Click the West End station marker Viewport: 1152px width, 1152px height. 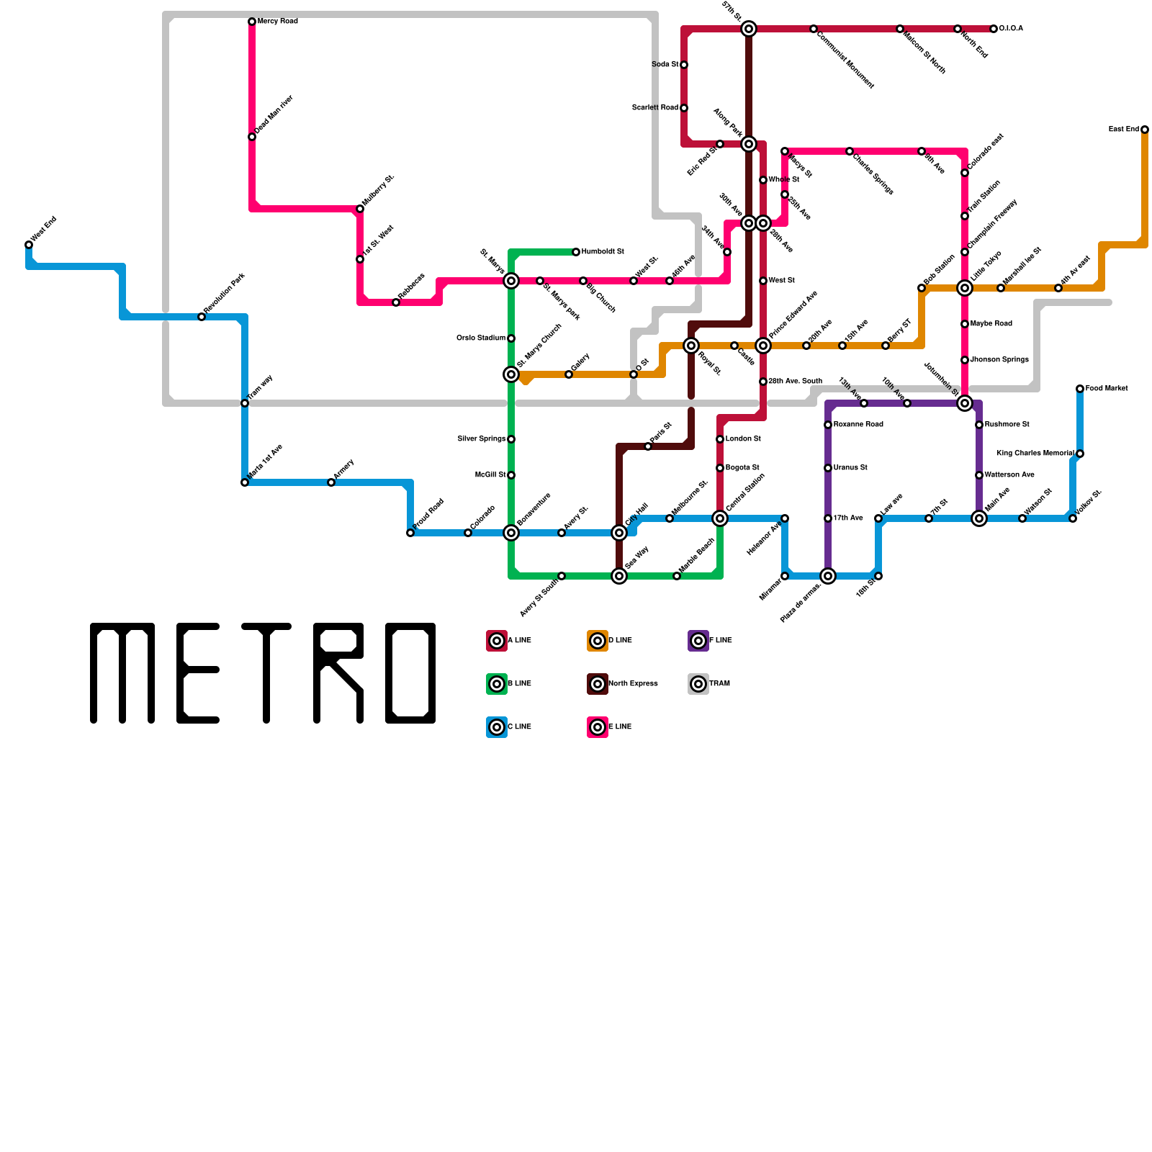(x=29, y=245)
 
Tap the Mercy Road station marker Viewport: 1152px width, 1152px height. (x=252, y=22)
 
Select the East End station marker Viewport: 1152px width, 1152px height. (x=1145, y=130)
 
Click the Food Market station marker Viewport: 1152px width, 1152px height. (x=1080, y=389)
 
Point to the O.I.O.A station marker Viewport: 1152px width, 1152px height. (x=994, y=29)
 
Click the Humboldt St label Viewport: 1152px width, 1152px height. (x=603, y=252)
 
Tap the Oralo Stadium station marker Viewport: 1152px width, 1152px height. (x=511, y=338)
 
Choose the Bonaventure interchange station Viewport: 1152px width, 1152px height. (x=511, y=533)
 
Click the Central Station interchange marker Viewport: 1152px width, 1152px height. (x=720, y=518)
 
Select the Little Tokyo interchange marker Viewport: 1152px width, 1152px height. (x=965, y=288)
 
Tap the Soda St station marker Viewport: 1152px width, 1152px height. (x=684, y=65)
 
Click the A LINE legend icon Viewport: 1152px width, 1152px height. (x=497, y=641)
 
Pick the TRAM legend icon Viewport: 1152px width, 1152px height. (x=698, y=684)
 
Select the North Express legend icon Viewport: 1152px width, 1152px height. (x=598, y=684)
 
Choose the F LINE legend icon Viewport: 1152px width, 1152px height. (x=698, y=641)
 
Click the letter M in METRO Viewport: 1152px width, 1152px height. (x=122, y=673)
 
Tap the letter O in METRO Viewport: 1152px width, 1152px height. (x=410, y=673)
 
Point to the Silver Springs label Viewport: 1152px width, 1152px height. (x=481, y=439)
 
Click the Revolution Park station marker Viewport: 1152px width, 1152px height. (x=202, y=317)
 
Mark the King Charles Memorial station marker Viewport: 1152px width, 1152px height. (x=1080, y=454)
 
